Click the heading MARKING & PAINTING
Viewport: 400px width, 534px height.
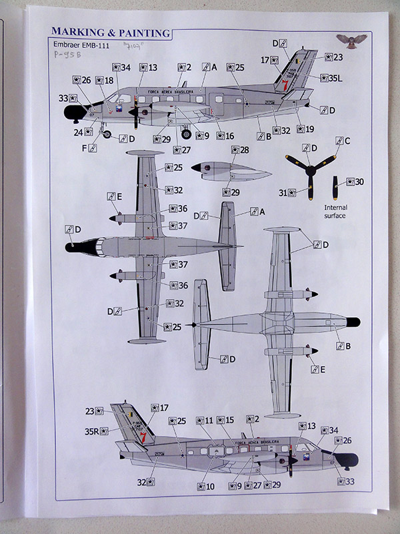tap(109, 32)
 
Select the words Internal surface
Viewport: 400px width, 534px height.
tap(336, 212)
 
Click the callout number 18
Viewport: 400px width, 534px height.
tap(109, 80)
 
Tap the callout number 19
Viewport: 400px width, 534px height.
tap(309, 129)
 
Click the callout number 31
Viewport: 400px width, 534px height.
tap(283, 193)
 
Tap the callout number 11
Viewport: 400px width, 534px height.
tap(209, 421)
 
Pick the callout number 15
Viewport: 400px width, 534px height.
tap(229, 421)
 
